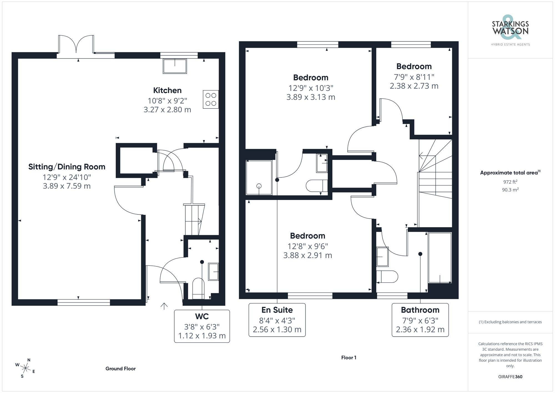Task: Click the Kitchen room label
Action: click(167, 90)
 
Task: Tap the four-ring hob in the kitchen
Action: click(211, 99)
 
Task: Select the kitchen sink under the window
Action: click(175, 66)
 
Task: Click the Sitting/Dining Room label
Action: click(67, 167)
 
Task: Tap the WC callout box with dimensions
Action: click(202, 326)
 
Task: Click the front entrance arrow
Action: click(164, 306)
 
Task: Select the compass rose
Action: click(25, 368)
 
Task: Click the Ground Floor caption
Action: click(120, 369)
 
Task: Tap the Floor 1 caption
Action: click(349, 357)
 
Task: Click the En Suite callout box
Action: click(277, 320)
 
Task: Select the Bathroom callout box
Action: click(420, 320)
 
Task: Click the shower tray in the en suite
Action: click(259, 177)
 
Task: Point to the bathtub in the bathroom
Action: click(440, 258)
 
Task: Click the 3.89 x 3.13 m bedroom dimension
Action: click(311, 97)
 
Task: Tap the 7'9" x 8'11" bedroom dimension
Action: click(414, 77)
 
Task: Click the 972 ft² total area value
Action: click(510, 182)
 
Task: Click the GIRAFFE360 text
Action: click(510, 377)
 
